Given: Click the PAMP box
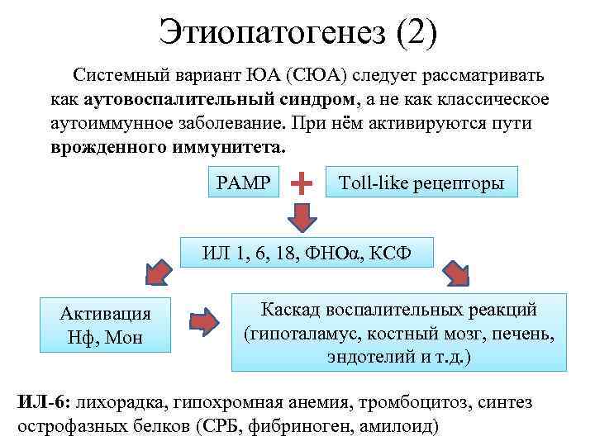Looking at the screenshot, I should pyautogui.click(x=243, y=181).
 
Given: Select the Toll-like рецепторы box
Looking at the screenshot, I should pyautogui.click(x=422, y=183).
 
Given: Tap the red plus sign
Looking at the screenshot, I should pyautogui.click(x=303, y=182).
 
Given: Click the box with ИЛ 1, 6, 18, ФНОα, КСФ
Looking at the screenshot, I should pyautogui.click(x=307, y=251).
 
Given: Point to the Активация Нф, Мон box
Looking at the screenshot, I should pyautogui.click(x=106, y=325).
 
